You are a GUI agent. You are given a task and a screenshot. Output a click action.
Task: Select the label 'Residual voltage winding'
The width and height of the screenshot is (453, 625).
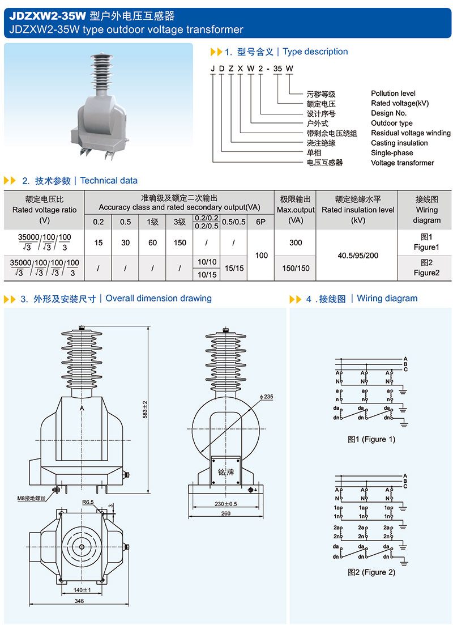point(411,133)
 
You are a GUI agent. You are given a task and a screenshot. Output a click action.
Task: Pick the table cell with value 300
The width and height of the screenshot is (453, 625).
point(296,243)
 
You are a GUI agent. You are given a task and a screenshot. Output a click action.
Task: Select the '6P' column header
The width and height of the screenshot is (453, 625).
point(260,222)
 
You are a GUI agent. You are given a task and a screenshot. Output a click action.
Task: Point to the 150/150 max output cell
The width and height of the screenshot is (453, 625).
point(296,268)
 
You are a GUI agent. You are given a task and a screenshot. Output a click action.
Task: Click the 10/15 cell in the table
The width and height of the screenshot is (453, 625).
point(207,274)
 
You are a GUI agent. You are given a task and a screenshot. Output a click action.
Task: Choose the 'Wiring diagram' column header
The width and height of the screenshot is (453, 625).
point(426,210)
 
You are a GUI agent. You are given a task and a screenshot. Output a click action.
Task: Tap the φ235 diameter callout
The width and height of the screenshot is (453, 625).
point(266,397)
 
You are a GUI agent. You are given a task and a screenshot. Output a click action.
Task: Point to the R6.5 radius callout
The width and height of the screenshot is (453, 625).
point(88,502)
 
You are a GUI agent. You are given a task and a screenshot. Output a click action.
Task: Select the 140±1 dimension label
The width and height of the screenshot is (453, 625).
point(82,590)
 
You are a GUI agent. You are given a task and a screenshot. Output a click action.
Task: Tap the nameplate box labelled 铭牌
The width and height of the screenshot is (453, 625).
point(225,471)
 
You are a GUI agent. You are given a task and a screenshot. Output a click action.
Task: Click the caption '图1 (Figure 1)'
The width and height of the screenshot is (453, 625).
point(371,439)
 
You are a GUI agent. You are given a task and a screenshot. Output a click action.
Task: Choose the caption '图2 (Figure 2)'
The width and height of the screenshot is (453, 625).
point(371,572)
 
